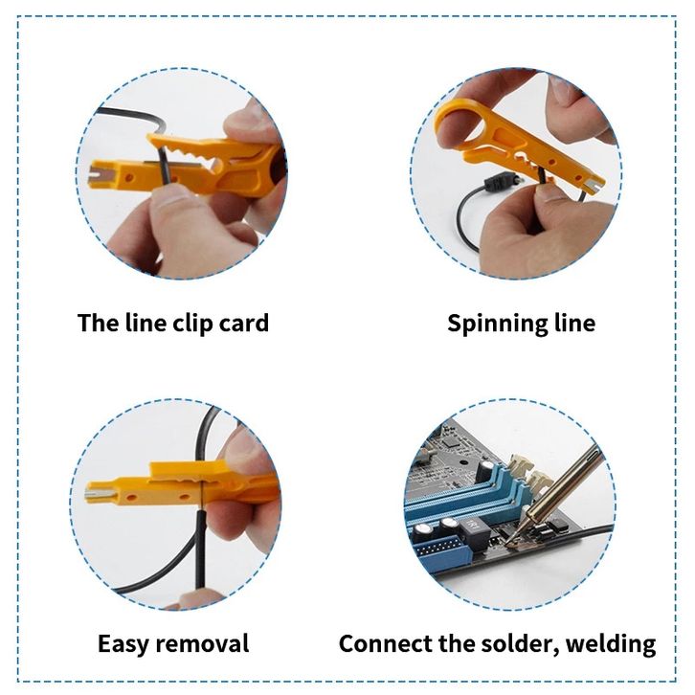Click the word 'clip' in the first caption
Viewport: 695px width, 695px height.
point(191,324)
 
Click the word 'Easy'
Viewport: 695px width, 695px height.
point(123,644)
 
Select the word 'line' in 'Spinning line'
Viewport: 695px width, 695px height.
point(575,323)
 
